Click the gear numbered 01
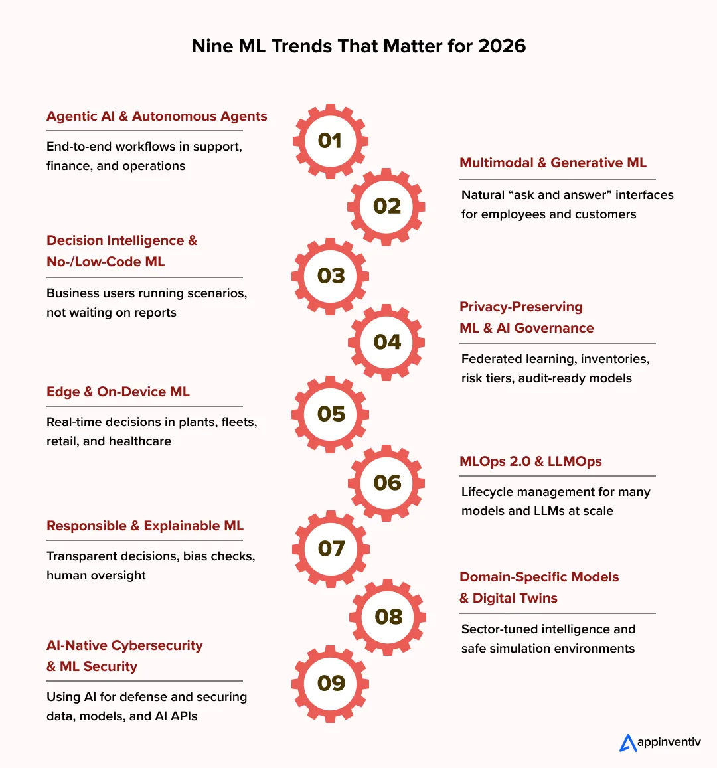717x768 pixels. pos(330,141)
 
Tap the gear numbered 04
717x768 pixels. pos(387,342)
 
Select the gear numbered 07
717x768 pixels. pos(331,548)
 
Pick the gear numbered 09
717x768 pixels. pos(331,683)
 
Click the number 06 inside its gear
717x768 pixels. pos(387,483)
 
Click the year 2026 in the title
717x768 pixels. pos(502,46)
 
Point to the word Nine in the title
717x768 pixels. pos(209,46)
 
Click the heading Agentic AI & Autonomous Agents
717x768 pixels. pos(157,116)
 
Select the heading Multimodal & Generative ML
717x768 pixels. pos(552,163)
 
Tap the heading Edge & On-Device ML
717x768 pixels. pos(118,392)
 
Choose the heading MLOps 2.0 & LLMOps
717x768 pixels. pos(530,461)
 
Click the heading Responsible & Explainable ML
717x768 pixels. pos(145,526)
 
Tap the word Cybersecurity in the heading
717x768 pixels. pos(157,645)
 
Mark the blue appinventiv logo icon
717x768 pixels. pos(627,743)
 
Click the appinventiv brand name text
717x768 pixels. pos(669,742)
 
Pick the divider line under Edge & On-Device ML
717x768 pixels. pos(145,406)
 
